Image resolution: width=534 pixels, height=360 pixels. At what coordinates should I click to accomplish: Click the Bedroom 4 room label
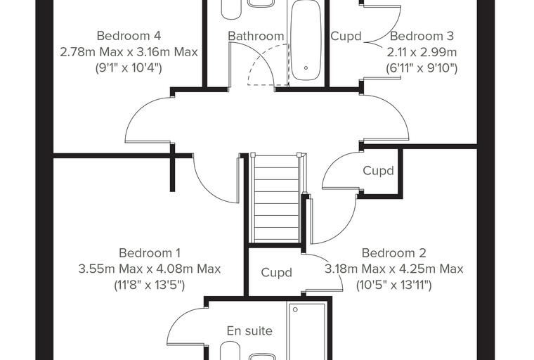point(129,35)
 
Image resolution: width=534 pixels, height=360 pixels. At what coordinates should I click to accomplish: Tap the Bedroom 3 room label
point(422,35)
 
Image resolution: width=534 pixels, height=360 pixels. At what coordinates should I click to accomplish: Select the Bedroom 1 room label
point(150,253)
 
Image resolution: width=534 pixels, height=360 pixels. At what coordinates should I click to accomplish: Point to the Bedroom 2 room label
point(393,253)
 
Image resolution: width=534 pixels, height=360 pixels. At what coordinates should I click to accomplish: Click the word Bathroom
point(256,36)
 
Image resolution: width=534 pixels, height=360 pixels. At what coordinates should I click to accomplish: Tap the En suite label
point(249,330)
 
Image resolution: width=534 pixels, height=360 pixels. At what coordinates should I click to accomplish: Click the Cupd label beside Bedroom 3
point(346,36)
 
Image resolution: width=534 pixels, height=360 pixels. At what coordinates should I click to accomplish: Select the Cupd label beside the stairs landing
point(378,170)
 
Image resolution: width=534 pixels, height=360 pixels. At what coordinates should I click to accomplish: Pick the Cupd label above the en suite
point(277,273)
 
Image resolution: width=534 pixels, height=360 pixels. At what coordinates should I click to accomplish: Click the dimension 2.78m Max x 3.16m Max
point(129,52)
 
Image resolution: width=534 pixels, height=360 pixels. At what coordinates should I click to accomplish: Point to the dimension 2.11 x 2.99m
point(422,52)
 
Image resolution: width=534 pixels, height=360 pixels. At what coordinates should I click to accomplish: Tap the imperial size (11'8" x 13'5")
point(150,285)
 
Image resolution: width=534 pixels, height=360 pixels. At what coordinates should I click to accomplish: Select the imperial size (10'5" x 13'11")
point(393,285)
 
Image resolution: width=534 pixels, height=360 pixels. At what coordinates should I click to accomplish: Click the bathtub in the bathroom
point(306,40)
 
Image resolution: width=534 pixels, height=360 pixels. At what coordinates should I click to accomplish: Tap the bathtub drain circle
point(306,67)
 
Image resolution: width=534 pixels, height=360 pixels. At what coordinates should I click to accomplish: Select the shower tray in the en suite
point(307,330)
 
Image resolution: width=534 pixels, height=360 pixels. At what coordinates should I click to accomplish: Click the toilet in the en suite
point(230,351)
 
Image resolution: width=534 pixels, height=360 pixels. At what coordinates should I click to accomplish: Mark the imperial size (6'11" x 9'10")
point(422,67)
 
